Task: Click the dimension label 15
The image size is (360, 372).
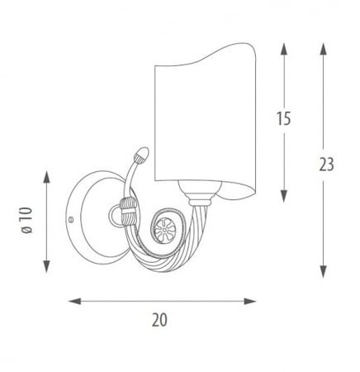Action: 284,118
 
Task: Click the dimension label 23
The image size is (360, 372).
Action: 326,165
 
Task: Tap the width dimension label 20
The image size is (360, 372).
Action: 159,320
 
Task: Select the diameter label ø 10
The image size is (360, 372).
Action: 27,221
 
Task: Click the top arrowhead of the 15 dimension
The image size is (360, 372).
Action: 284,50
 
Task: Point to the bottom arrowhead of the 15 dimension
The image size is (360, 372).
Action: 284,196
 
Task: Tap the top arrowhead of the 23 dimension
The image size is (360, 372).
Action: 324,50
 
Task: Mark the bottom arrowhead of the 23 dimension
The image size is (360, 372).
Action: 324,271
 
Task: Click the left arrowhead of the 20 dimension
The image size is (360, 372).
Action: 75,301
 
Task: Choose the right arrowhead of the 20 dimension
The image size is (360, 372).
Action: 250,301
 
